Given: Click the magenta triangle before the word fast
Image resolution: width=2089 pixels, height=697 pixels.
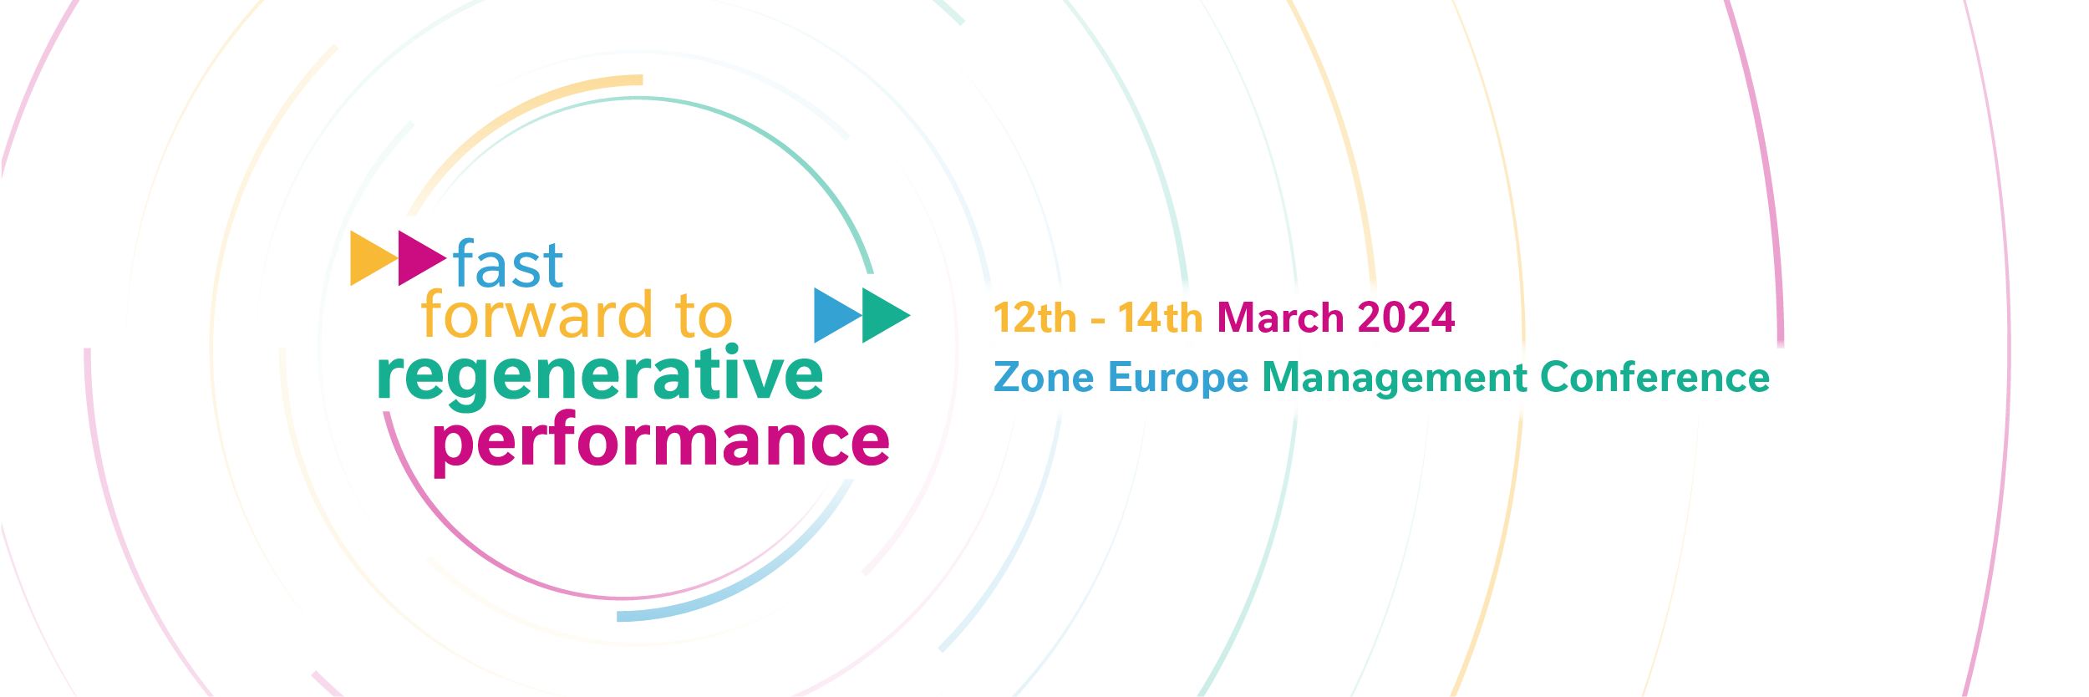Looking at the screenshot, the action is [x=420, y=258].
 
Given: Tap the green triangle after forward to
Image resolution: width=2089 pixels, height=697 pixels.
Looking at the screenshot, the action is [x=885, y=315].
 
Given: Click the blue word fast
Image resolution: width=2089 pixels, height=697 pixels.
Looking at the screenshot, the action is [x=508, y=263].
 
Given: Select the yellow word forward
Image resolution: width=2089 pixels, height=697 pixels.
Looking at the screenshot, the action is [x=536, y=315].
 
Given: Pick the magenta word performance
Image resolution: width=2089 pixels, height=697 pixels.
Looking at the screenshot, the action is [x=661, y=444].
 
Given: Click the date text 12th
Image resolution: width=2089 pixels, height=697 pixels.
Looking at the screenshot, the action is [x=1034, y=318].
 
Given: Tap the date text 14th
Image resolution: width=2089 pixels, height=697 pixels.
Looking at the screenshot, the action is [x=1160, y=318].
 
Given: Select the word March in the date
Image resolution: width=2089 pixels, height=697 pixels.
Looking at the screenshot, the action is [x=1280, y=318].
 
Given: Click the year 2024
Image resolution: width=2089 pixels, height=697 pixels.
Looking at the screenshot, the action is [x=1406, y=318].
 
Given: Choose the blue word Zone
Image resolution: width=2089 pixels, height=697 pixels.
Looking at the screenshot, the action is [x=1044, y=378].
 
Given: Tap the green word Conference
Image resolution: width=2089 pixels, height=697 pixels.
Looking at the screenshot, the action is [x=1654, y=377].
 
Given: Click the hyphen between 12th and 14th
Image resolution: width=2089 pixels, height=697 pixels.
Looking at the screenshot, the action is [x=1098, y=321].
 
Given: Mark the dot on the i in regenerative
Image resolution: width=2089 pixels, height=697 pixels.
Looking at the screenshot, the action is [x=732, y=349].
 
